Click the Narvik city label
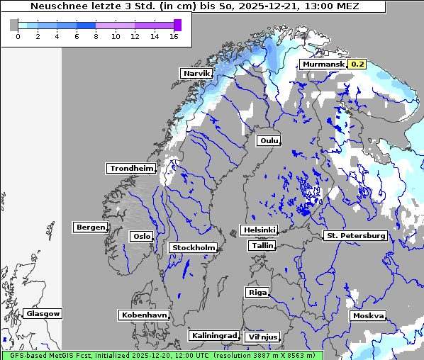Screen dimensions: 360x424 tap(196, 73)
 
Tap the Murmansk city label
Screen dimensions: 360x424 tap(323, 64)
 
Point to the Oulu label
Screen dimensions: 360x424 tap(269, 140)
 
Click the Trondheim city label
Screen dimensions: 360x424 tap(131, 168)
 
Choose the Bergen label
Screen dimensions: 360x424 tap(89, 227)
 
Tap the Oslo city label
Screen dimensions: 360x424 tap(141, 236)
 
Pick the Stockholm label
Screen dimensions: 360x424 tap(193, 247)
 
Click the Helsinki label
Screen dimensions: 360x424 tap(259, 230)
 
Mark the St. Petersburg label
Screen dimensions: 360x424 tap(355, 235)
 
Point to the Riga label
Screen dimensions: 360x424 tap(257, 292)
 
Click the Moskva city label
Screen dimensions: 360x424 tap(368, 315)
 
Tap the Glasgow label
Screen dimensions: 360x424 tap(43, 313)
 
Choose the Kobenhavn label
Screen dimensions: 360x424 tap(144, 315)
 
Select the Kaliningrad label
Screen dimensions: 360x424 tap(213, 335)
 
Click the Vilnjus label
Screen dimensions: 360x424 tap(262, 337)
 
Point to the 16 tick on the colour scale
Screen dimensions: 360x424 tap(174, 35)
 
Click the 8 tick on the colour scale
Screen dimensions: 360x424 tap(96, 35)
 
